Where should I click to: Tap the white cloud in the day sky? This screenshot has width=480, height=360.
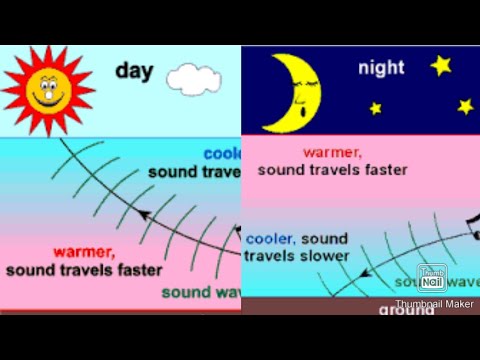click(187, 77)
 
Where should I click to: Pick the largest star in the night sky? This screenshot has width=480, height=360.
click(441, 65)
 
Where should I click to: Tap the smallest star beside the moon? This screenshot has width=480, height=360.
click(376, 108)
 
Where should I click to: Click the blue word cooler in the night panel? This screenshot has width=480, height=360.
click(268, 238)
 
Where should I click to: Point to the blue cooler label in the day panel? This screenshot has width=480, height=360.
click(221, 154)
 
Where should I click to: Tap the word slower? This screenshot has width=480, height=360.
click(323, 256)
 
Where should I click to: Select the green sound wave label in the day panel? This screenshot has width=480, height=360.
click(200, 293)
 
